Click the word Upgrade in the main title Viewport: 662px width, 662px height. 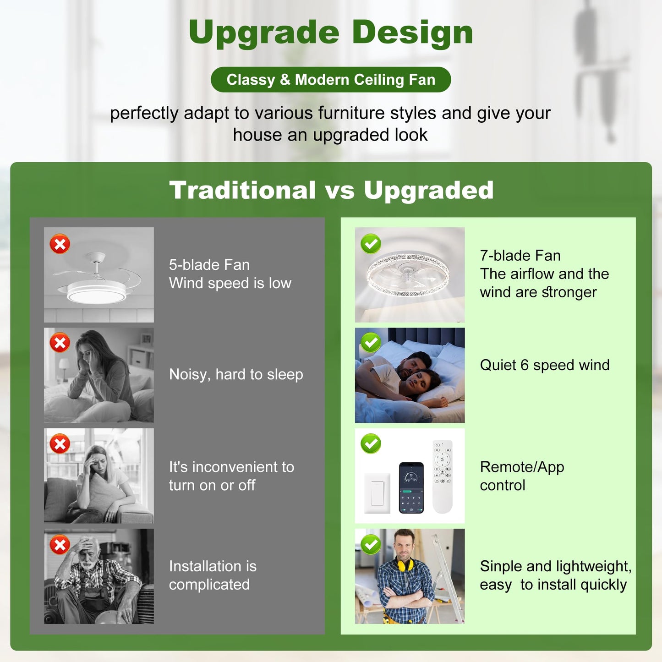(263, 33)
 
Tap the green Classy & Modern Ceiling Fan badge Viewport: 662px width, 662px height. (331, 80)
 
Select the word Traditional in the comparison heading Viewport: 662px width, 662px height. (242, 190)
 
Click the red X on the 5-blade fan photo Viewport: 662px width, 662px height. (60, 244)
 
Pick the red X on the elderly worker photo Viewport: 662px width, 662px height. (60, 545)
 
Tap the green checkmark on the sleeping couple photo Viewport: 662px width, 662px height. (371, 342)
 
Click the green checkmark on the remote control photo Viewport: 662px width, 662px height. (371, 443)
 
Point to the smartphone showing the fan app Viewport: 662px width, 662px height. (411, 487)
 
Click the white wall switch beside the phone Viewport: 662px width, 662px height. (377, 493)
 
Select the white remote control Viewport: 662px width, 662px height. (443, 476)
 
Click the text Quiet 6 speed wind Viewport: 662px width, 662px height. (545, 365)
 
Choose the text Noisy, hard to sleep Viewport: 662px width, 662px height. (236, 374)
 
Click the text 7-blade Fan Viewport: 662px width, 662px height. (520, 256)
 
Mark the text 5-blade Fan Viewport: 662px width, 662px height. (209, 265)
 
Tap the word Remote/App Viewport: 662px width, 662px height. (522, 467)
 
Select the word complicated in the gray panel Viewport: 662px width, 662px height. (209, 585)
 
